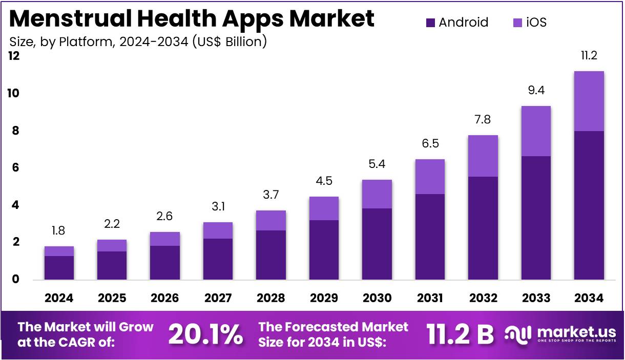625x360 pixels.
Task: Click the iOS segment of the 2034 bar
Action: pos(589,101)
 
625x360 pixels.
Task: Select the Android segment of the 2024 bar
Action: pos(59,267)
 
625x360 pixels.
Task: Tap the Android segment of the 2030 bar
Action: pos(377,244)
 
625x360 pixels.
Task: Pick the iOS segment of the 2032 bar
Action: pos(483,156)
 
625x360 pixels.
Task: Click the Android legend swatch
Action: pos(430,23)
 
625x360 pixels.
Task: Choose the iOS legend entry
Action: pos(529,23)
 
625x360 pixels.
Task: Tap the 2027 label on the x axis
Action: pos(218,298)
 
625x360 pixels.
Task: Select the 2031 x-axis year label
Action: pos(430,298)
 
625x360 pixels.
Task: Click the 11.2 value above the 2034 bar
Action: pos(589,56)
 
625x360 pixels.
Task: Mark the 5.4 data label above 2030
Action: pos(377,164)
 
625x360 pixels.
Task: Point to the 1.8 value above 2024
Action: pos(59,231)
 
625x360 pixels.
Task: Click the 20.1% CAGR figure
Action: pos(205,334)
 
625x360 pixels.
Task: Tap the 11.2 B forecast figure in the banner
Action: pos(460,334)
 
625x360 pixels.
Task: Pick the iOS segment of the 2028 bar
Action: pos(271,220)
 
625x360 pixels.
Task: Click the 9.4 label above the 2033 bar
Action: pos(535,91)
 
